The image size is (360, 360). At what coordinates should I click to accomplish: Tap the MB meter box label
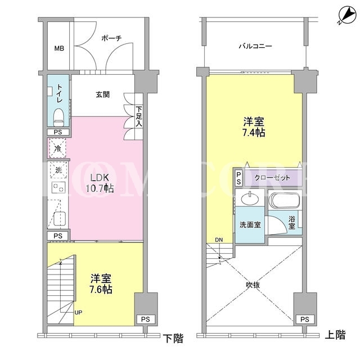[x=59, y=48]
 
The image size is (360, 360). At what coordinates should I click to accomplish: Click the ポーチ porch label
[x=111, y=38]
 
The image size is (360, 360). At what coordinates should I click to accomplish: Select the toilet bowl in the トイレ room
[x=58, y=117]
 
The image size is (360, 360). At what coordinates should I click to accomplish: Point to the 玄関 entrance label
[x=102, y=94]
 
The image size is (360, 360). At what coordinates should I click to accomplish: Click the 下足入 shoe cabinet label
[x=139, y=116]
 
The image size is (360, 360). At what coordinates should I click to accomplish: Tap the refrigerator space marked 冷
[x=57, y=148]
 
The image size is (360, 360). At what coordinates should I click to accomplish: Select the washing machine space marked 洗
[x=58, y=170]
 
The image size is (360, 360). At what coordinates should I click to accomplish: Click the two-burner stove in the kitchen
[x=58, y=187]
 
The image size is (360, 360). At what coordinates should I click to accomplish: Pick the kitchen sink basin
[x=60, y=219]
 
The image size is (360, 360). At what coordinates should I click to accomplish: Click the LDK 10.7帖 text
[x=100, y=183]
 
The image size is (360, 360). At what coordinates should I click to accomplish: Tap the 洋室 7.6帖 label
[x=101, y=284]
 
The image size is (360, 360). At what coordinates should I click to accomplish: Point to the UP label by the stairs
[x=78, y=313]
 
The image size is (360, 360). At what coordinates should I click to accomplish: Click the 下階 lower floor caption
[x=173, y=338]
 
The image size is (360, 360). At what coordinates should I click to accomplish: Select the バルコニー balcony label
[x=255, y=46]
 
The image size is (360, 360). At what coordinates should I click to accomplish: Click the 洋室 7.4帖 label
[x=254, y=127]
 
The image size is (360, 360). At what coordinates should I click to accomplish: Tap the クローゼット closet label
[x=272, y=178]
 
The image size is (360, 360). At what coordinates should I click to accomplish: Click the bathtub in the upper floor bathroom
[x=285, y=200]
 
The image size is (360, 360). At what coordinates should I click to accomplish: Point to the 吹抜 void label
[x=253, y=285]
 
